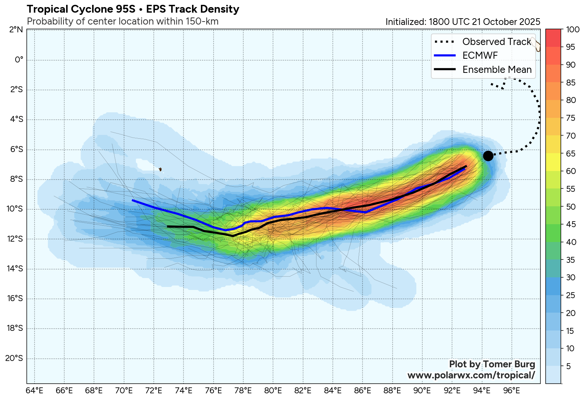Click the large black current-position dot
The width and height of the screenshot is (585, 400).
pyautogui.click(x=488, y=156)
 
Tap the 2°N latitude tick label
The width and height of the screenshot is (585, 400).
pyautogui.click(x=16, y=30)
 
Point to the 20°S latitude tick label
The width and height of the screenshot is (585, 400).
pyautogui.click(x=14, y=358)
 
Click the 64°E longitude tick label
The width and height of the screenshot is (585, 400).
pyautogui.click(x=35, y=391)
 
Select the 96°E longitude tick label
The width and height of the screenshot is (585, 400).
pyautogui.click(x=511, y=391)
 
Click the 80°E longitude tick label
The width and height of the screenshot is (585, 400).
pyautogui.click(x=273, y=391)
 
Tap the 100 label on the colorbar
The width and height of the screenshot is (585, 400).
pyautogui.click(x=573, y=30)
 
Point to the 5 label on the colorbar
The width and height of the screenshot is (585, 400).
pyautogui.click(x=568, y=366)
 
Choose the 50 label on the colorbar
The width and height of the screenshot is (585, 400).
pyautogui.click(x=571, y=207)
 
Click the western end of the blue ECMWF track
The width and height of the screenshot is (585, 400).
pyautogui.click(x=133, y=200)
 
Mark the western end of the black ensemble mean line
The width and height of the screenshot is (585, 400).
pyautogui.click(x=168, y=226)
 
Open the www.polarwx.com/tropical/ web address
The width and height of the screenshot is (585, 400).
pyautogui.click(x=471, y=375)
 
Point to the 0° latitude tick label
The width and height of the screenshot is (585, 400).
pyautogui.click(x=19, y=60)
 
